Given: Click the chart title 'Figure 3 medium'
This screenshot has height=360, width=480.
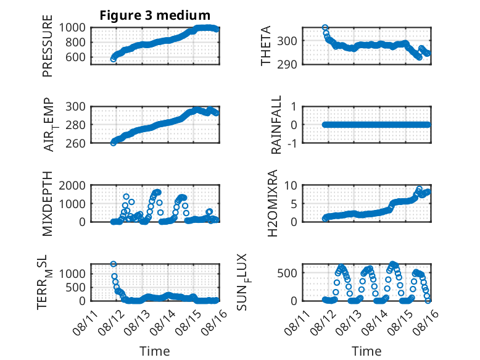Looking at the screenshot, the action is point(155,15).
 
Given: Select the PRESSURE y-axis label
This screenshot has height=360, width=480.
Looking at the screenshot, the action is point(48,46).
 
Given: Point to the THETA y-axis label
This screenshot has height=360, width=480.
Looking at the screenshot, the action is point(266,46).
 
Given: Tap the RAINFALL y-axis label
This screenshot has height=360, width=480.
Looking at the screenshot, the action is point(276,125).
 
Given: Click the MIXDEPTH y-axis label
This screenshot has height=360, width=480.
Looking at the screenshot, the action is point(48,204).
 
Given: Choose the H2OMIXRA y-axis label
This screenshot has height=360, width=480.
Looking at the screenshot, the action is point(272,203).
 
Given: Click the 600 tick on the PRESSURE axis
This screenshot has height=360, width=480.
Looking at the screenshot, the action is point(75,57).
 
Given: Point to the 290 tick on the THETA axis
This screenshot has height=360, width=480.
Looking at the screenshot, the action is point(287,65).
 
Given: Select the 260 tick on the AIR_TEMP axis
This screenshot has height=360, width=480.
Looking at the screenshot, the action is point(75,143).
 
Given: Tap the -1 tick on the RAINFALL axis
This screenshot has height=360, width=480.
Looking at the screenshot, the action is point(292,143).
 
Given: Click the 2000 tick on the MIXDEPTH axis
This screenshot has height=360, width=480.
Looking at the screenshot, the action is point(72,185).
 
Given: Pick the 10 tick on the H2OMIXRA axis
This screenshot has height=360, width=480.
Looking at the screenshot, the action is point(291,185).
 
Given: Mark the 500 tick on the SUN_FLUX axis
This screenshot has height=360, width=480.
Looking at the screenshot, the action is point(287,273).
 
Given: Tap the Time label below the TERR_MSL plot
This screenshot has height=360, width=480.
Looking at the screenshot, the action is point(155,351).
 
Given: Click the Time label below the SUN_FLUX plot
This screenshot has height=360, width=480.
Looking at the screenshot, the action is point(366,351).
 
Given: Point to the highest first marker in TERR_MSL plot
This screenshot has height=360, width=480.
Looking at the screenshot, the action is point(114,264).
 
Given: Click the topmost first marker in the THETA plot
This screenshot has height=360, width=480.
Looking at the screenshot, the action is point(325,28).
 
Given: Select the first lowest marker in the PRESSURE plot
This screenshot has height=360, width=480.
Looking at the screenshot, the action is point(114,59).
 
